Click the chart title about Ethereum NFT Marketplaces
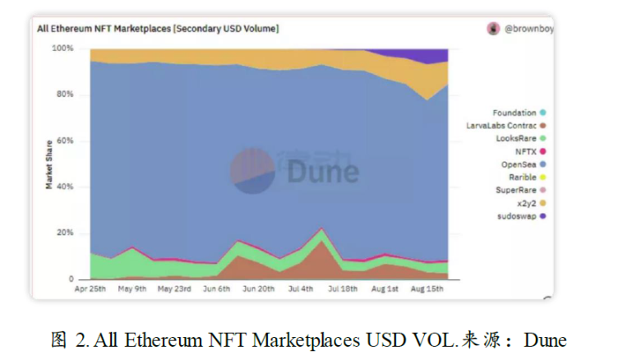(157, 29)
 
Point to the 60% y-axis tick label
(64, 141)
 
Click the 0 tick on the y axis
(71, 279)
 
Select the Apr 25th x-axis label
(90, 289)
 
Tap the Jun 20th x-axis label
(258, 289)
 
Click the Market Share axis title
(49, 164)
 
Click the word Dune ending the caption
(545, 339)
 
